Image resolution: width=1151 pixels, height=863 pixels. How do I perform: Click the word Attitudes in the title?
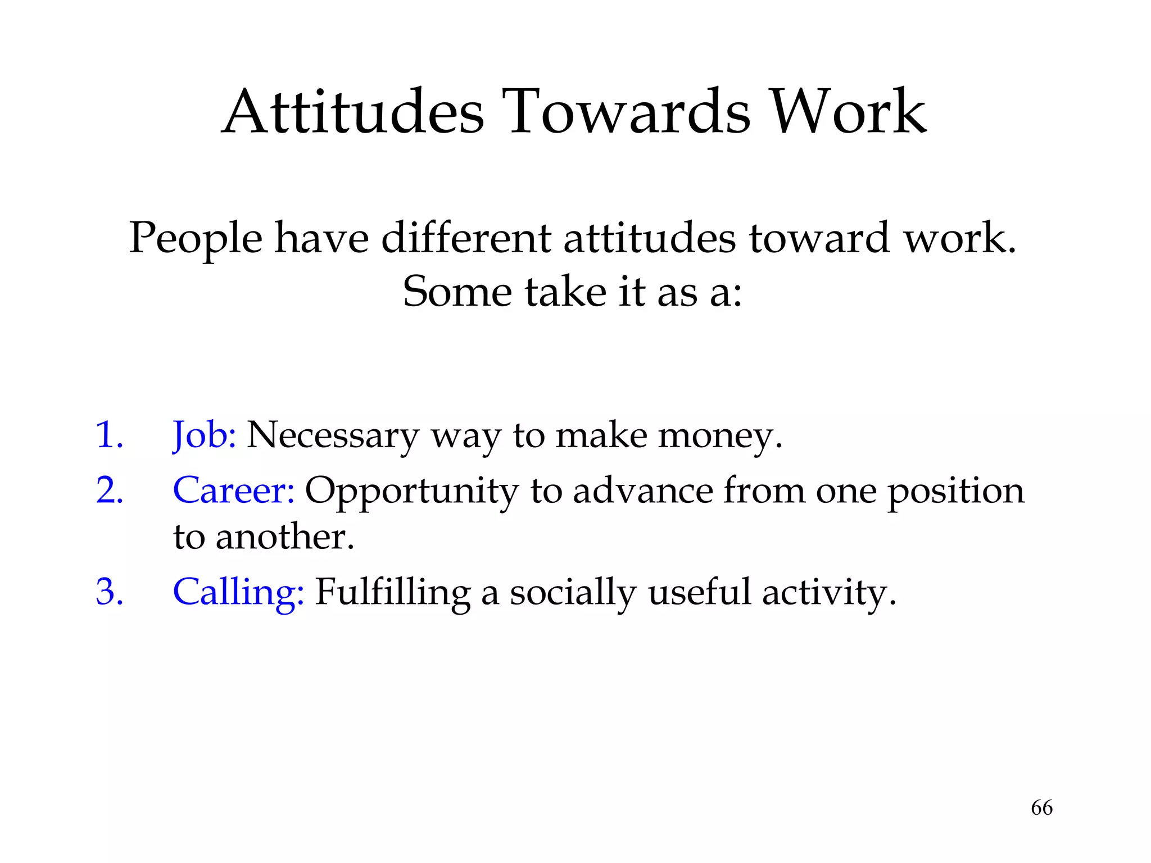pos(353,112)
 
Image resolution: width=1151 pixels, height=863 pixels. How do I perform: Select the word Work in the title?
pos(848,112)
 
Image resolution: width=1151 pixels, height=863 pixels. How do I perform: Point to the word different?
pos(466,238)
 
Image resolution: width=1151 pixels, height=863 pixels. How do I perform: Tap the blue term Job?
pos(204,436)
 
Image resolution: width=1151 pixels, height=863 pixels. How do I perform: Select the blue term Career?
pos(234,491)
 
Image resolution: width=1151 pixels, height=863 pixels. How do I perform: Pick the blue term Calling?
pos(238,593)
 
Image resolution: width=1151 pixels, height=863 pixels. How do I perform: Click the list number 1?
pos(109,435)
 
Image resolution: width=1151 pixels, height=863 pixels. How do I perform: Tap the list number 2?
pos(110,490)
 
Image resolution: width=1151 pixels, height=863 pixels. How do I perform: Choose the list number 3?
pos(110,592)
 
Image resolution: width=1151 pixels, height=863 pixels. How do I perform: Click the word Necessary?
pos(333,436)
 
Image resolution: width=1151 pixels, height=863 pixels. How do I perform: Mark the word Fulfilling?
pos(392,593)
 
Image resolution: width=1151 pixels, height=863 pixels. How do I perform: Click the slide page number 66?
pos(1041,808)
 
